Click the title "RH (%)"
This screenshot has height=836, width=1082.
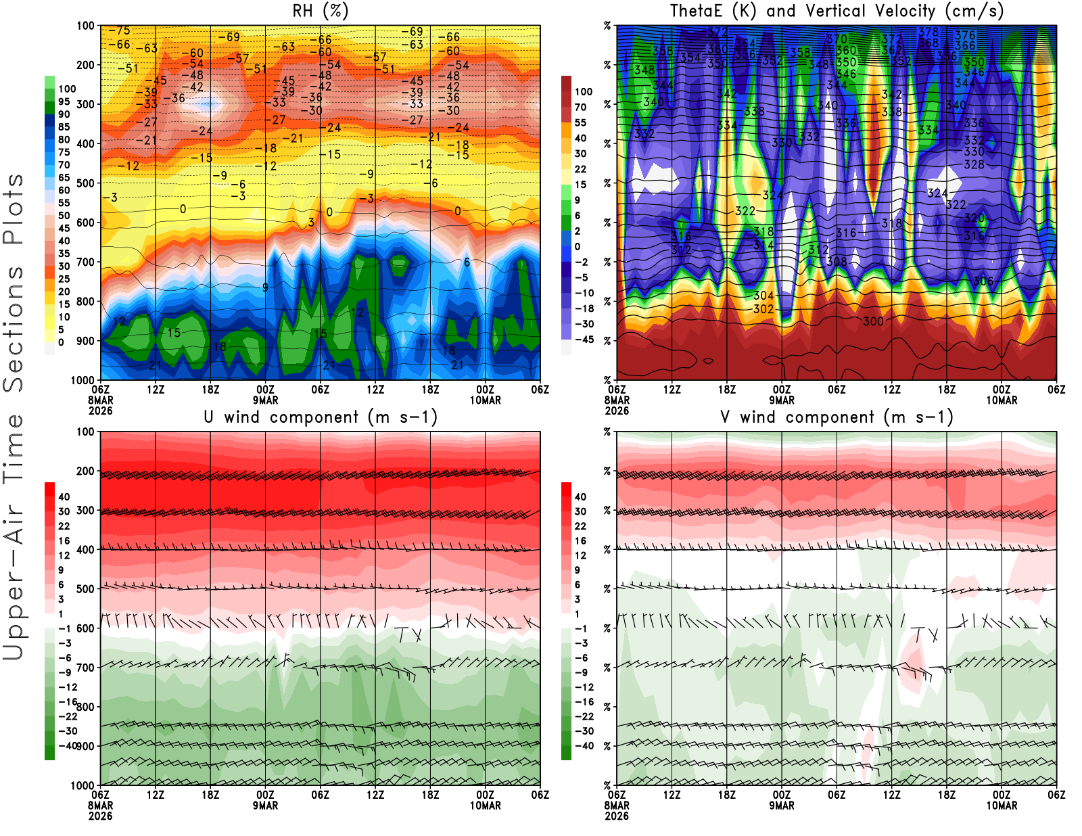[x=321, y=11]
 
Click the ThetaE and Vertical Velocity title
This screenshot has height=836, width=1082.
[x=837, y=11]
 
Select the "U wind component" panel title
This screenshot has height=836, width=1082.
[x=321, y=417]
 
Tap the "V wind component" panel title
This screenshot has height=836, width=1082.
[x=837, y=417]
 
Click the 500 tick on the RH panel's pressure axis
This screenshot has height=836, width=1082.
[x=86, y=183]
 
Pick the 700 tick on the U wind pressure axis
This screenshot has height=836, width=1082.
[x=86, y=668]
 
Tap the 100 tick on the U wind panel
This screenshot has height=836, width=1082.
[x=86, y=432]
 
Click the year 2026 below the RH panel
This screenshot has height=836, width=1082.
[x=100, y=411]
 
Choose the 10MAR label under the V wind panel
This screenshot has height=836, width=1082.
[x=1002, y=806]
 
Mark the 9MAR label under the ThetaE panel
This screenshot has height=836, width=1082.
[x=782, y=400]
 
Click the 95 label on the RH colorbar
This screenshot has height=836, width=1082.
[x=64, y=101]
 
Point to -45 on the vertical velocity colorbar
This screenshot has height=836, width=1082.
[x=584, y=340]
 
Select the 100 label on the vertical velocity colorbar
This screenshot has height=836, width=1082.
[x=584, y=91]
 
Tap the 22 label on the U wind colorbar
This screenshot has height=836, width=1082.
[x=64, y=526]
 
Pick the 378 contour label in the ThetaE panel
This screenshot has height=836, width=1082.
[x=928, y=32]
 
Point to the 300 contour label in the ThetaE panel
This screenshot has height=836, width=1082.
[x=873, y=321]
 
